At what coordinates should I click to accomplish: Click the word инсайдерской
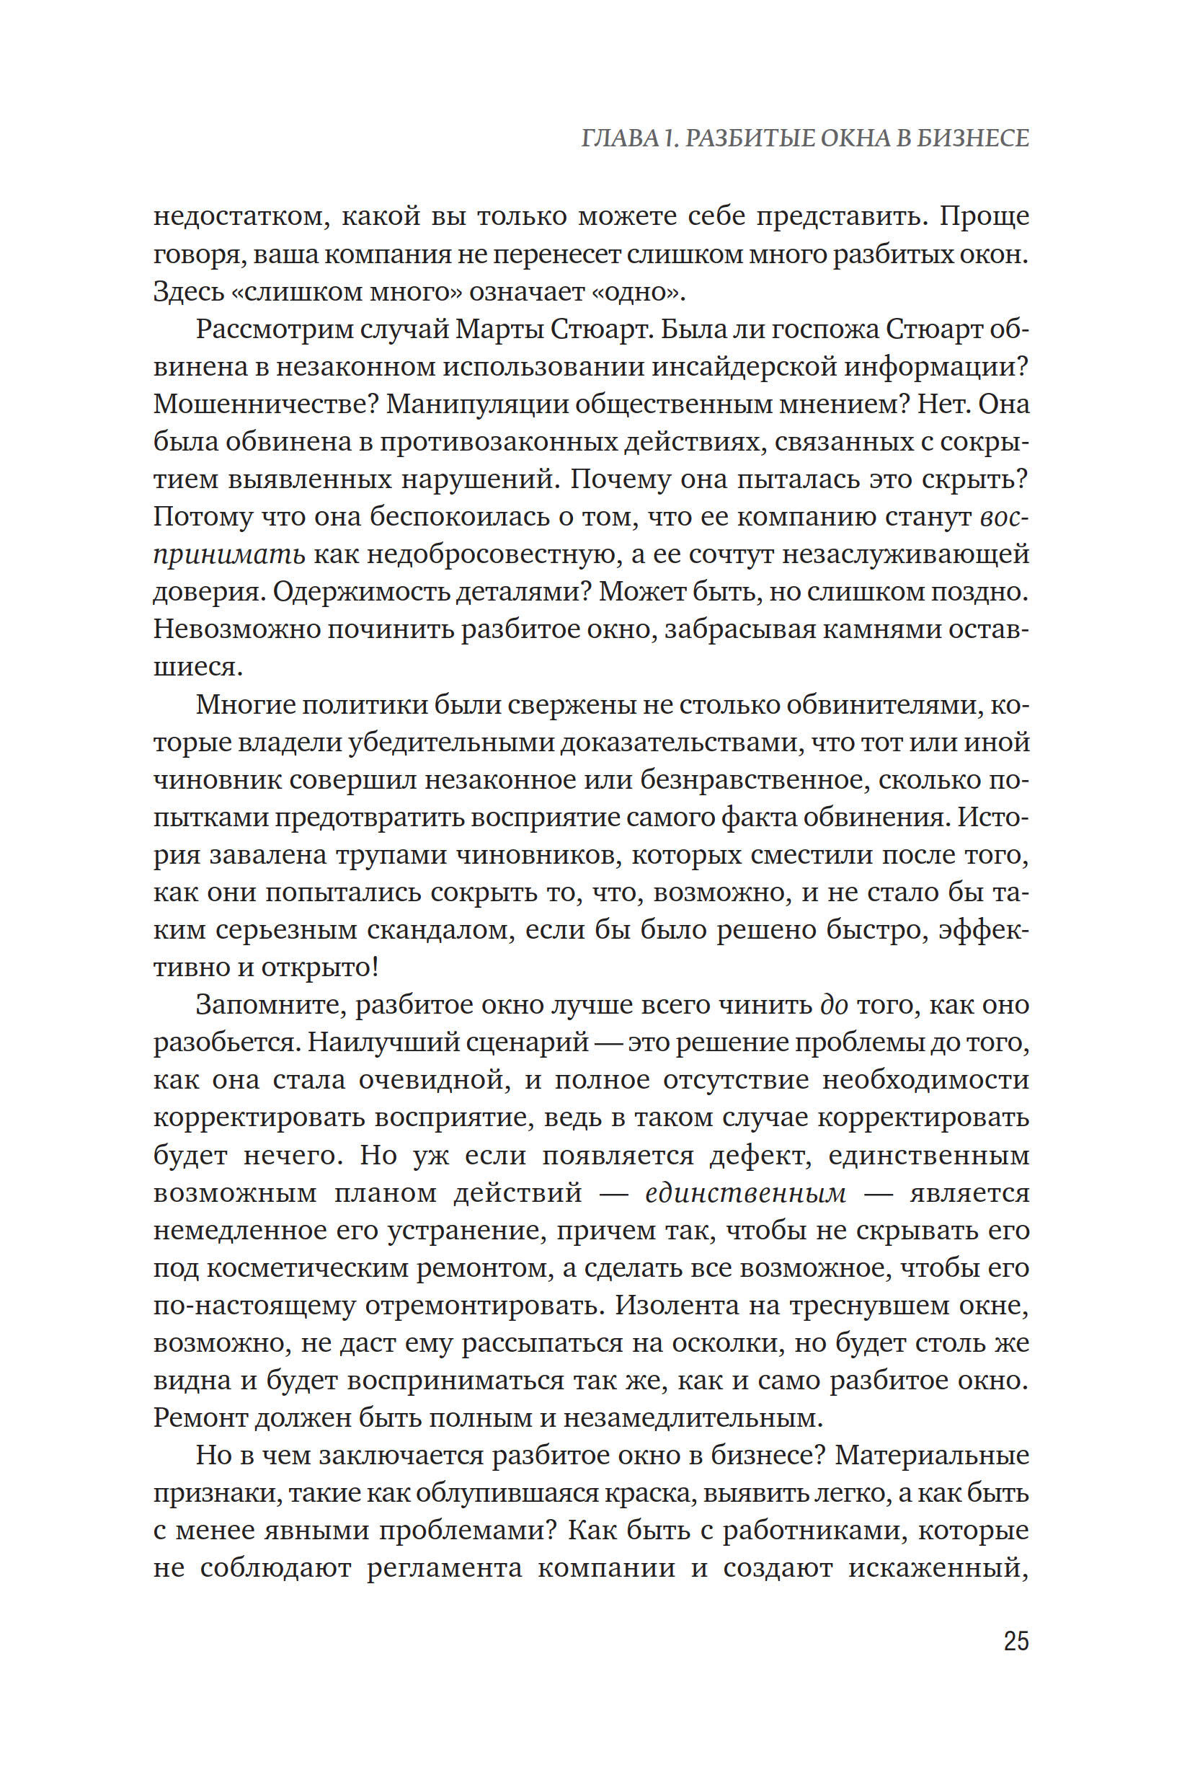click(x=742, y=368)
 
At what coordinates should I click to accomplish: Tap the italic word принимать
click(x=228, y=555)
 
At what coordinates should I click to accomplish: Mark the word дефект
click(x=760, y=1155)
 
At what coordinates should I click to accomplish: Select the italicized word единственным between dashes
click(x=745, y=1193)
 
